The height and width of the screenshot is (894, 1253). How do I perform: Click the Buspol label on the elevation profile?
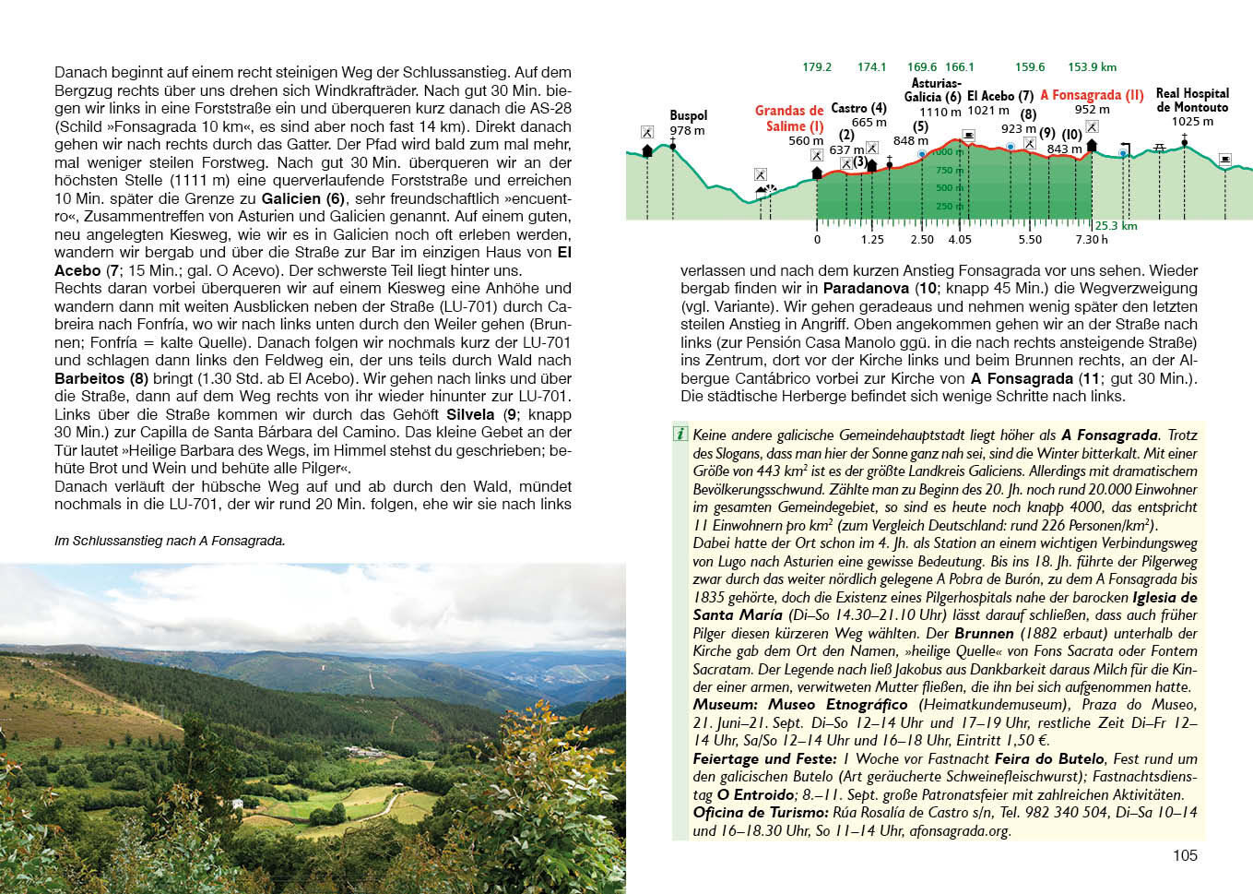point(688,115)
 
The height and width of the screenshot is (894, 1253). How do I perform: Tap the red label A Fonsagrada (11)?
point(1092,95)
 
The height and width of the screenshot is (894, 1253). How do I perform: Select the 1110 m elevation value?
point(940,112)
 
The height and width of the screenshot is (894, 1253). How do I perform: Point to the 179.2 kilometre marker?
point(817,67)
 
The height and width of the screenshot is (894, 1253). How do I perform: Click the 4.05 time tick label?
point(960,240)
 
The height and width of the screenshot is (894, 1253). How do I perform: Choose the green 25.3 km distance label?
point(1116,226)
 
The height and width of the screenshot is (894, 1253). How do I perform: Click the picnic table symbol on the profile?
point(1160,148)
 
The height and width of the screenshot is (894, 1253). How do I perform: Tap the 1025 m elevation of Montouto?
point(1192,122)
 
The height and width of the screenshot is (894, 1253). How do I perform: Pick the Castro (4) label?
point(858,109)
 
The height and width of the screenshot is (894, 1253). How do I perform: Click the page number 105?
point(1185,855)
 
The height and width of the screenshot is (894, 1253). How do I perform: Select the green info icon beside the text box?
point(680,434)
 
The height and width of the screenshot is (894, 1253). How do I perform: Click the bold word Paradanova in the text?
point(866,289)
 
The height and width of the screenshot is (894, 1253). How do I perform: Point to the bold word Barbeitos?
point(89,378)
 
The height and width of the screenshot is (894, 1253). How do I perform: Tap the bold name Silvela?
point(470,414)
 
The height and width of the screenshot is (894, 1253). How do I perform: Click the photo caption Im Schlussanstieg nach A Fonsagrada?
point(170,541)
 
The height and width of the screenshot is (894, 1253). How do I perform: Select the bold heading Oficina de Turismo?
point(760,813)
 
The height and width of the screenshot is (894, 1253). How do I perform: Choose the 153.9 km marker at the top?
point(1092,67)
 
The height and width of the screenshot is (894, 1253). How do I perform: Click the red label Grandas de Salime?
point(790,118)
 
